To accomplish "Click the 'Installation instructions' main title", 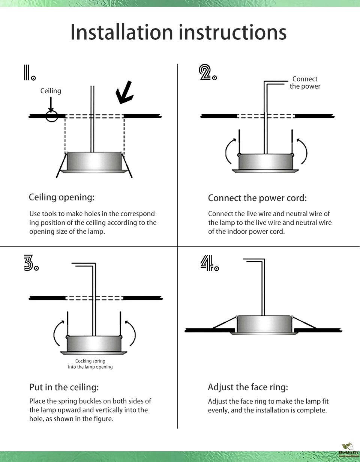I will click(x=178, y=33).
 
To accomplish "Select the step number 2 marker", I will click(x=207, y=73).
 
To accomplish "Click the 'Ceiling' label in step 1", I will click(x=51, y=91).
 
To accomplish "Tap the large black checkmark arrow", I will click(x=124, y=92).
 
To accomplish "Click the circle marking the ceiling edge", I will click(x=52, y=116).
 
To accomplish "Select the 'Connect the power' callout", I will click(x=305, y=83).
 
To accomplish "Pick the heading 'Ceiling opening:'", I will click(x=62, y=197).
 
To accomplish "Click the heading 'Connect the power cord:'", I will click(x=257, y=198).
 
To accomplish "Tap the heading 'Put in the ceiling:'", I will click(x=64, y=387).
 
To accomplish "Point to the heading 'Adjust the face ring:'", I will click(x=248, y=387).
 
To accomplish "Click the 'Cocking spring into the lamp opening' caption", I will click(x=90, y=364).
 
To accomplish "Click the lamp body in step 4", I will click(x=264, y=324).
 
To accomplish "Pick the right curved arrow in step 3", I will click(x=131, y=333).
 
